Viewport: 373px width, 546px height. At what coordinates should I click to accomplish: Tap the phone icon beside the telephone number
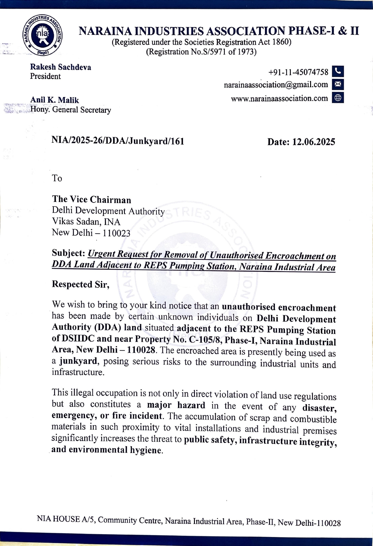pos(338,71)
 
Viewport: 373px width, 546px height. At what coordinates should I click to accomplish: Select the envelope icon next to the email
pos(338,84)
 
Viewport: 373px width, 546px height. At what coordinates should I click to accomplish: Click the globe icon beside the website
pos(338,98)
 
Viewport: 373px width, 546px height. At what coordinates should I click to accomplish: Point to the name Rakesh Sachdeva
pos(60,67)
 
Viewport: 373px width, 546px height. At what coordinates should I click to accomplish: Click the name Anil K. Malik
pos(54,100)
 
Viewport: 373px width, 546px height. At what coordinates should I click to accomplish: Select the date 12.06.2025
pos(314,142)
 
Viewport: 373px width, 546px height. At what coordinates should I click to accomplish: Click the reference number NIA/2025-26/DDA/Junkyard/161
pos(118,141)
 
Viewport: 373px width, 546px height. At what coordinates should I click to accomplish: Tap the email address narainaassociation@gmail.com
pos(276,85)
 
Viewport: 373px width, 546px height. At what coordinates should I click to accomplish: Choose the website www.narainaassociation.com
pos(279,99)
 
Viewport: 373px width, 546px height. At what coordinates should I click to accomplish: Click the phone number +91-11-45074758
pos(298,72)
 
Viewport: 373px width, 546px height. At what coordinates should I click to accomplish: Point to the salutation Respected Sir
pos(80,284)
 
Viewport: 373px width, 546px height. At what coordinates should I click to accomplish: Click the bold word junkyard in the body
pos(78,362)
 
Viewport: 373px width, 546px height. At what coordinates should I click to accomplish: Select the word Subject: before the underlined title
pos(68,253)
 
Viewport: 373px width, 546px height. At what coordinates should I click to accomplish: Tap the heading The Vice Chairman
pos(92,199)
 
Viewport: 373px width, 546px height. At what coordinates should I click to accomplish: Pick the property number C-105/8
pos(205,340)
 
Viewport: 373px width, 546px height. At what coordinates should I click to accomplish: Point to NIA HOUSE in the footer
pos(58,519)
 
